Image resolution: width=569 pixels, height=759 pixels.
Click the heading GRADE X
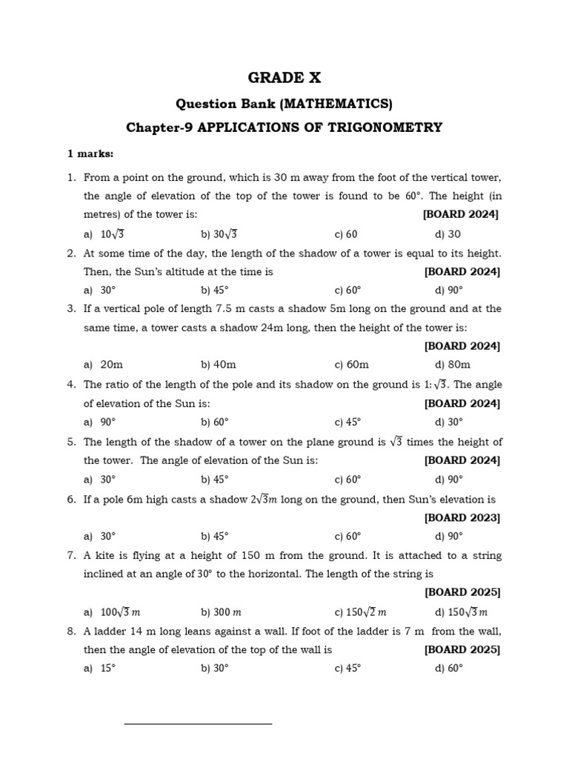[x=284, y=78]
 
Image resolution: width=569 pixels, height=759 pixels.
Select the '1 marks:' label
[x=90, y=154]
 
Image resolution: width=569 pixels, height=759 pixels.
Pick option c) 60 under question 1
[x=346, y=234]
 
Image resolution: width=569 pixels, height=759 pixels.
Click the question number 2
[x=71, y=253]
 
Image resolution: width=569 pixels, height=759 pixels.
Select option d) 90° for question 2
[x=449, y=291]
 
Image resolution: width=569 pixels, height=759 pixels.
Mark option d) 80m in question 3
[x=453, y=365]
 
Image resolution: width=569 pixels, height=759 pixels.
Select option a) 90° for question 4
[x=100, y=422]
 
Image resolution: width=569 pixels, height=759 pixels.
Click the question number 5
[x=71, y=442]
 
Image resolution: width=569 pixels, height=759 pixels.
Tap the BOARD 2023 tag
[x=462, y=517]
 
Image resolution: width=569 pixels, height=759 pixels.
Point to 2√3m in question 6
[x=263, y=500]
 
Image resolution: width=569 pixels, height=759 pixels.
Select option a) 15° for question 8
[x=100, y=668]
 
